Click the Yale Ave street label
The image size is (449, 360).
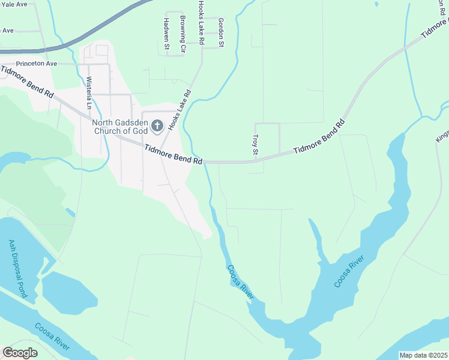[x=13, y=4]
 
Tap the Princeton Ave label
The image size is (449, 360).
[x=36, y=63]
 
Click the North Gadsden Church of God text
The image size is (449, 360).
[x=120, y=126]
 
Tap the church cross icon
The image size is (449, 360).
[x=157, y=125]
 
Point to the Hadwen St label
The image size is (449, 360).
[x=166, y=35]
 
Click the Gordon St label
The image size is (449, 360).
[x=221, y=32]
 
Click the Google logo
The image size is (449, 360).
[x=20, y=353]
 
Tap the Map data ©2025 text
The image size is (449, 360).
[x=423, y=355]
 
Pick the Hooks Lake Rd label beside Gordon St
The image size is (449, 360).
[x=202, y=23]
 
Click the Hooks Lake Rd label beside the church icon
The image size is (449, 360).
[x=179, y=110]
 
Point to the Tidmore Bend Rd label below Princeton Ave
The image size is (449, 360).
[x=28, y=83]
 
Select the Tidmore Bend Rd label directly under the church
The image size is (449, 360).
[x=173, y=154]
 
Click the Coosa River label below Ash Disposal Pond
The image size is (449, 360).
[x=53, y=338]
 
